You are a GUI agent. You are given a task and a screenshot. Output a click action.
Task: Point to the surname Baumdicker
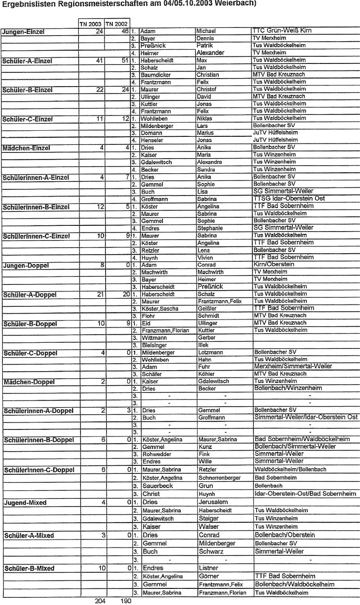pos(157,75)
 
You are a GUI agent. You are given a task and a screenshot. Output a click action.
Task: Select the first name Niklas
pos(205,118)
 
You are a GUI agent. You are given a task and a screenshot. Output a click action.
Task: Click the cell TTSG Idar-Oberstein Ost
pos(289,199)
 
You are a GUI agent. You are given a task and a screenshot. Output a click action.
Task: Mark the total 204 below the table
pos(100,601)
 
